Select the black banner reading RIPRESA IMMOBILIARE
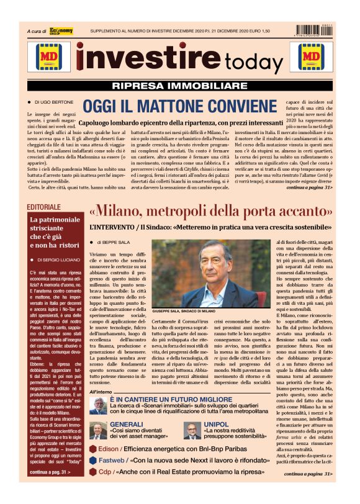point(180,86)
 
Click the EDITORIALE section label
point(44,207)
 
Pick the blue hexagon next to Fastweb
point(93,461)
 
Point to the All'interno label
point(101,392)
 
